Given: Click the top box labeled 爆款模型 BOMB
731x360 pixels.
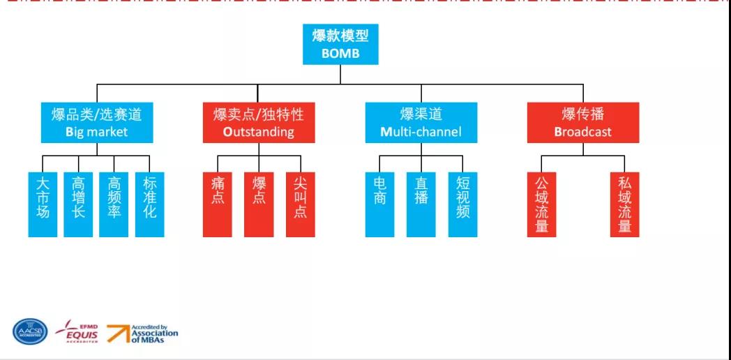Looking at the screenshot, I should pos(340,44).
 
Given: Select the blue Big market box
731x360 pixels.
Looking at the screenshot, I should pos(96,123).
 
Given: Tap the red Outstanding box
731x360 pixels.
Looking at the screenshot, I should pos(259,123).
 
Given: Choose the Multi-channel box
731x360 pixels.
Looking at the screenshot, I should pos(421,123).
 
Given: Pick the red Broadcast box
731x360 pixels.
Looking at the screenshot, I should pos(583,123).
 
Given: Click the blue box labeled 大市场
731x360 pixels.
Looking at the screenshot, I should pos(43,204).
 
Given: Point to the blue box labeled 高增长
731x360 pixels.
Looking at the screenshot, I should pos(78,204).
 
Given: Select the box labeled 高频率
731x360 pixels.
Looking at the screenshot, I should pos(114,204).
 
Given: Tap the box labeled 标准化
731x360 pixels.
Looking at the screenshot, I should pos(149,204).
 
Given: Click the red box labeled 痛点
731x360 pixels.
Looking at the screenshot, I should pos(217,204).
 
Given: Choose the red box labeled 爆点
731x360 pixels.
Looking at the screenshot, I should pos(259,204).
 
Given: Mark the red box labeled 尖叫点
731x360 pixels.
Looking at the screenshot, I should pos(301,204).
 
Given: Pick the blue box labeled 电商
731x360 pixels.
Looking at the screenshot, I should pos(379,204).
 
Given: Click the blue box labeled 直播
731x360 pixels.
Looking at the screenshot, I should pos(421,204).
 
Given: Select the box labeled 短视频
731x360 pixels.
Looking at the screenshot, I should pos(463,204).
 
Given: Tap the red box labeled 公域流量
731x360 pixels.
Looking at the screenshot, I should pos(542,204).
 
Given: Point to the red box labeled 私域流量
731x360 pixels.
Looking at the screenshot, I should pos(625,204).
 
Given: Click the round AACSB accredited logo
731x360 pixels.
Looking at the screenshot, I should pos(31,332).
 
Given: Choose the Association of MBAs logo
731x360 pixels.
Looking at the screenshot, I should pos(143,333).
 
